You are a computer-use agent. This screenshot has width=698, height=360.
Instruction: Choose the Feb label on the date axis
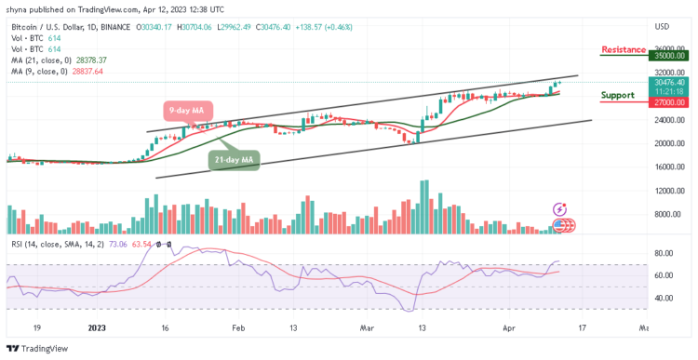(237, 328)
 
